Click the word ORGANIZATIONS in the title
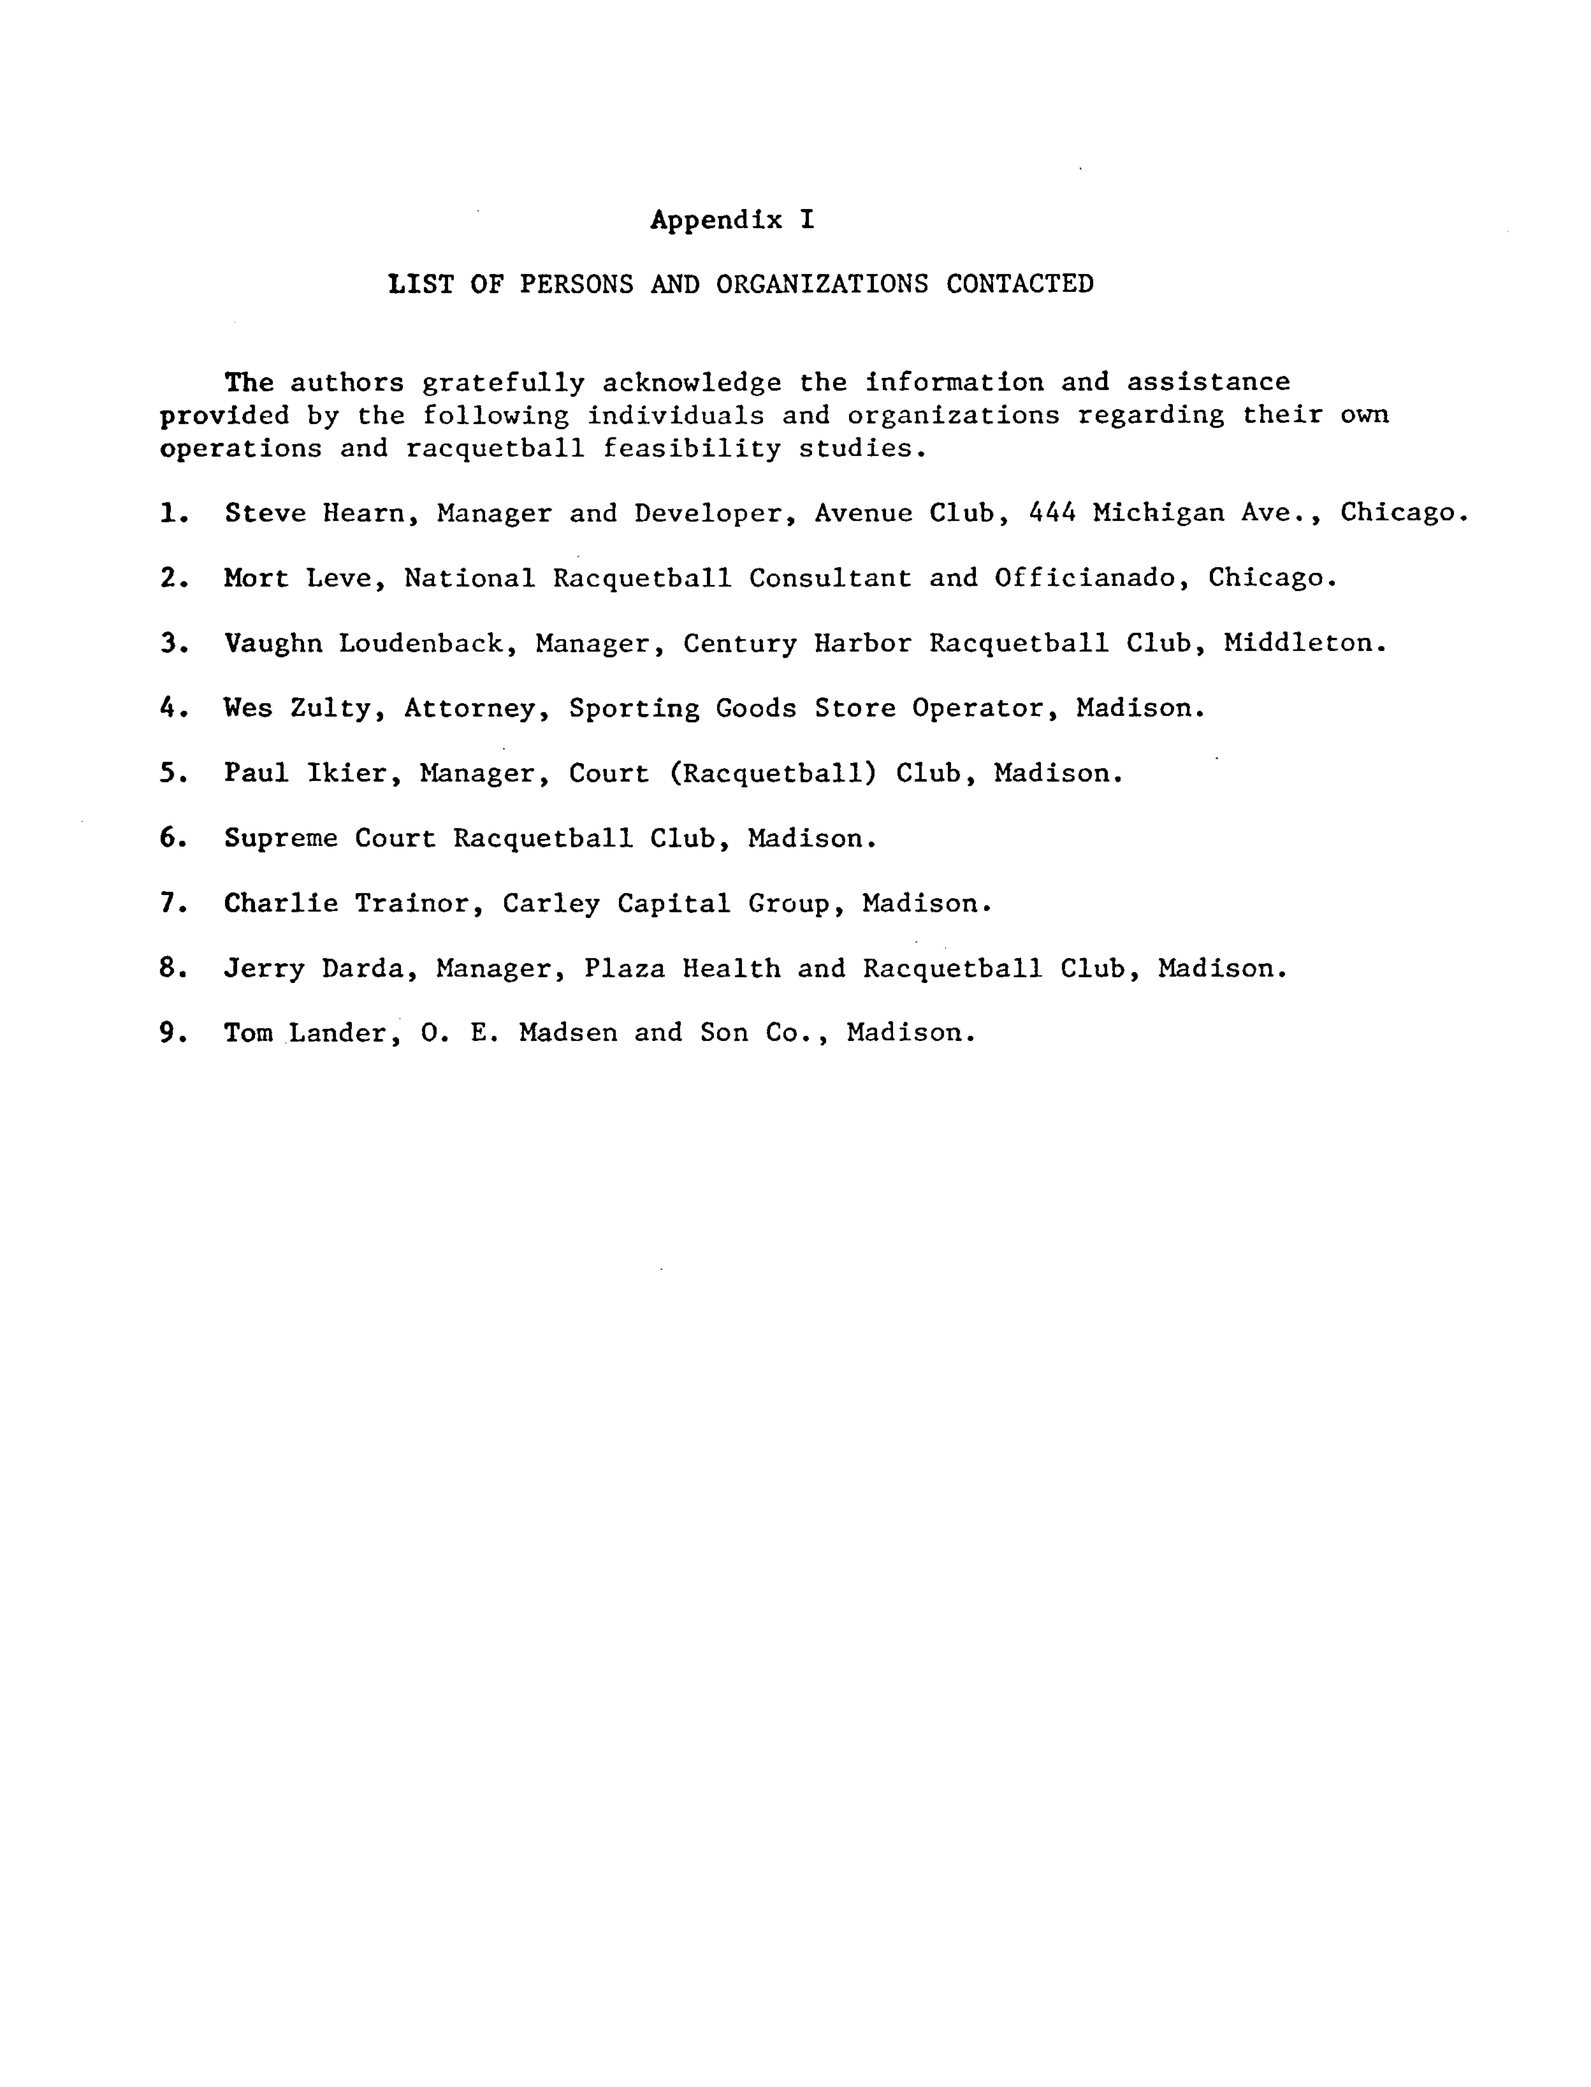pyautogui.click(x=821, y=284)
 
